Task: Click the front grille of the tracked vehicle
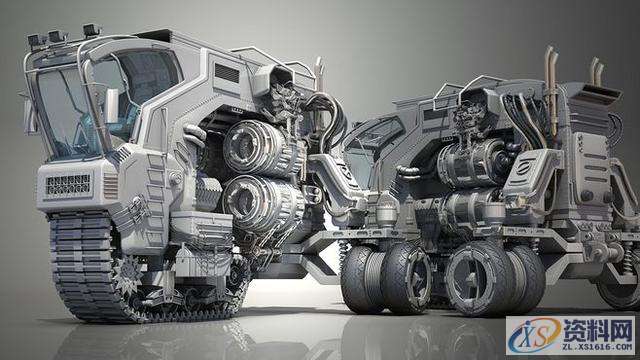68,185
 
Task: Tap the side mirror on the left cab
111,106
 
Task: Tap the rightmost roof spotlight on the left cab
92,30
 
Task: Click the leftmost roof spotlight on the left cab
36,40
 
